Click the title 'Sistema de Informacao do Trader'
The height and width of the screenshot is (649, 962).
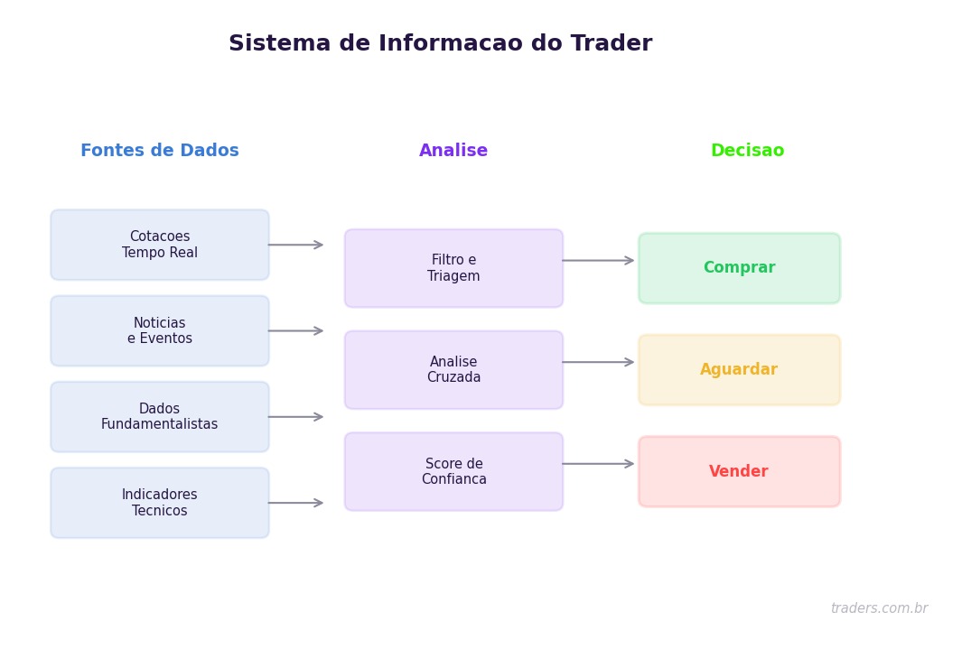pos(440,44)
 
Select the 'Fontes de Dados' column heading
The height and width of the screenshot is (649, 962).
pos(160,151)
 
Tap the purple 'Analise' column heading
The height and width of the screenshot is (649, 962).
pos(453,151)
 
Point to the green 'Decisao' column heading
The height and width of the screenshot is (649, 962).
pos(747,151)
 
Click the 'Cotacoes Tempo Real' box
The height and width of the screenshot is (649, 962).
pos(160,245)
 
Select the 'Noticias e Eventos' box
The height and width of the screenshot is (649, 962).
pos(160,331)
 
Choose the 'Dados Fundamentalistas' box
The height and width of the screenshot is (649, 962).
pos(160,417)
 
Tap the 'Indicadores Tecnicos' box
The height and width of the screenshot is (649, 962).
pos(160,503)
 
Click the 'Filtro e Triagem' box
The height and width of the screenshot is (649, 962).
pos(453,268)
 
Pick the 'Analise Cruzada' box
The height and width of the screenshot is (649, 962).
pos(453,370)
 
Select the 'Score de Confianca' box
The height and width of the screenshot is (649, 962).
pos(453,471)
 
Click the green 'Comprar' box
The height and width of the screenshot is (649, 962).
pos(739,268)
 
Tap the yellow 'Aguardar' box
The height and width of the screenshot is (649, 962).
pos(739,370)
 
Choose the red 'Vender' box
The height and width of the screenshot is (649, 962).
pos(739,471)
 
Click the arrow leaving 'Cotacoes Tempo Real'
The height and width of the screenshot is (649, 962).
pos(295,245)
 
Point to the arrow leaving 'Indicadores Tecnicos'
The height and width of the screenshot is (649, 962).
pos(295,503)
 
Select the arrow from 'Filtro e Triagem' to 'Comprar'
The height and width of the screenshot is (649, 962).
pos(598,261)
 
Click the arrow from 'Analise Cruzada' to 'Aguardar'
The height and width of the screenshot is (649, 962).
pos(598,362)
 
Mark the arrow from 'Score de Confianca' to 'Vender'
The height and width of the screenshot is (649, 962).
pos(598,464)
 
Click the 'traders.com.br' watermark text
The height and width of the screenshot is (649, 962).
pos(879,608)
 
